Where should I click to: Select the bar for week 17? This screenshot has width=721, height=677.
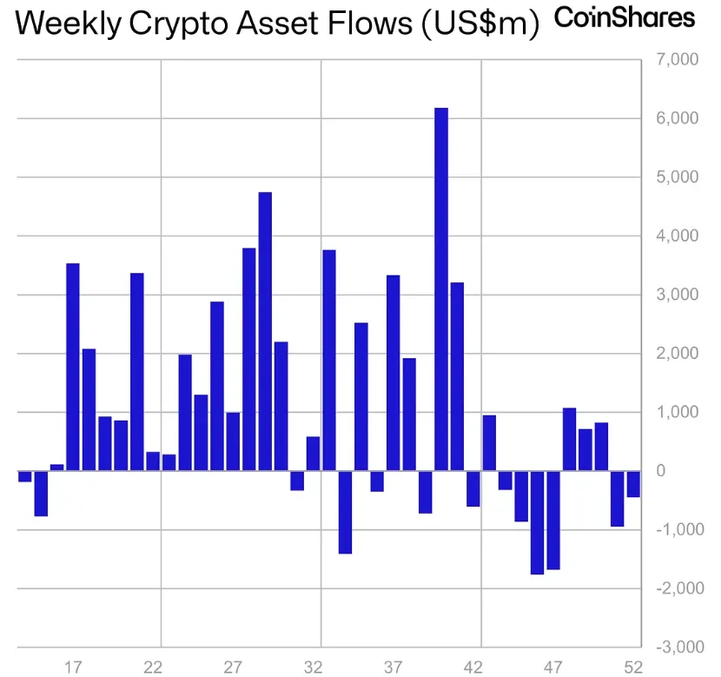tap(73, 366)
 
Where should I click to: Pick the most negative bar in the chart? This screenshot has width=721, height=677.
tap(537, 522)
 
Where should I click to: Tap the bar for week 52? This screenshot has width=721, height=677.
tap(633, 484)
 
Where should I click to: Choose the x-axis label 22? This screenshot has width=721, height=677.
tap(153, 667)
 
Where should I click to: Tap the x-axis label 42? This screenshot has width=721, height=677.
tap(473, 667)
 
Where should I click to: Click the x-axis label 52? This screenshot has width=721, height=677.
tap(633, 667)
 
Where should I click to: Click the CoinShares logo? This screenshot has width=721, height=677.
tap(625, 17)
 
